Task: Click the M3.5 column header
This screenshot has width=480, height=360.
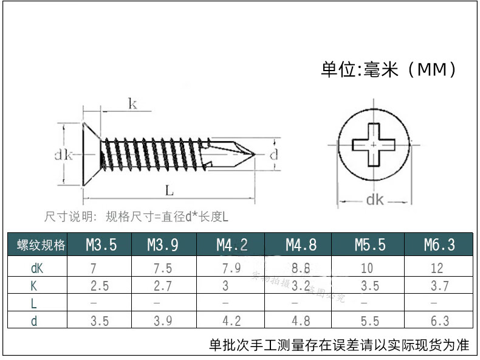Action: click(x=101, y=245)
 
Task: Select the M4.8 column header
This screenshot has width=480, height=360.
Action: click(x=301, y=245)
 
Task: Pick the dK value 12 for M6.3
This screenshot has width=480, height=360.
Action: click(x=436, y=268)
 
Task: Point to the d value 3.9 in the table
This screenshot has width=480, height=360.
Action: click(x=162, y=321)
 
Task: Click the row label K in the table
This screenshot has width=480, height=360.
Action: click(x=34, y=286)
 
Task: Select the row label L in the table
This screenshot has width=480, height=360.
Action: click(x=34, y=303)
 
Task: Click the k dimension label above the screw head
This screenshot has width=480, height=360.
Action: click(x=132, y=104)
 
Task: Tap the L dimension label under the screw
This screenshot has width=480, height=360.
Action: click(x=169, y=190)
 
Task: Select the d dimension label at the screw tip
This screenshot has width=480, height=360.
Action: click(x=273, y=154)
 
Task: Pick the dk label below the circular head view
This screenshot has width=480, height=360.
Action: click(x=374, y=199)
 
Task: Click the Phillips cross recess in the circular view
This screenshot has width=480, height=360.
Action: click(x=374, y=145)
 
